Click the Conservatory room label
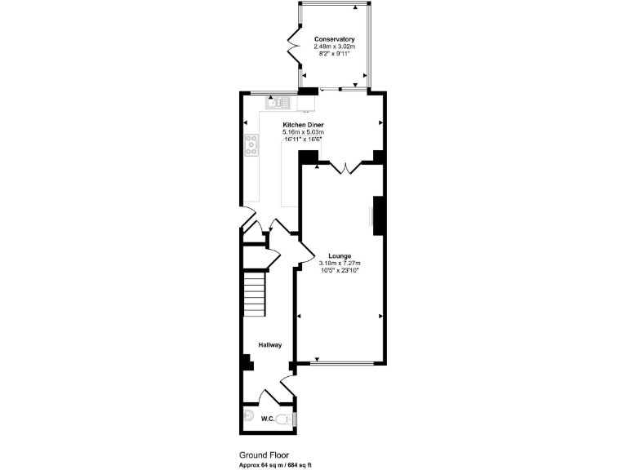click(334, 39)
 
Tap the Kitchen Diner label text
click(304, 125)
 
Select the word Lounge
click(340, 256)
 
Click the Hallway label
click(270, 345)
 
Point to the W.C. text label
click(267, 419)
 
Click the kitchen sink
click(277, 102)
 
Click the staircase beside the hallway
click(255, 295)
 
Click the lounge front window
click(340, 363)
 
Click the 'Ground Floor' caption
click(262, 455)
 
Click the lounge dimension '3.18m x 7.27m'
click(340, 264)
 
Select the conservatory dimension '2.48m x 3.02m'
click(334, 47)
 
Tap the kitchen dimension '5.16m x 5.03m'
click(304, 132)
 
